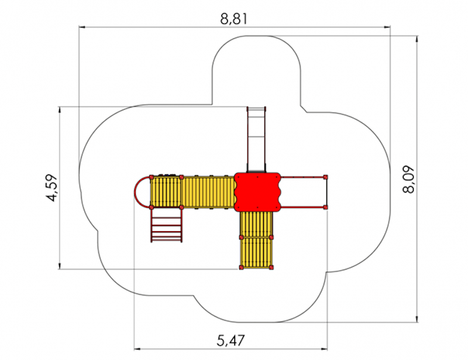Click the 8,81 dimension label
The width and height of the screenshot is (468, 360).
tap(234, 19)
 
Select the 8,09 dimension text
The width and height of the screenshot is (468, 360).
tap(408, 179)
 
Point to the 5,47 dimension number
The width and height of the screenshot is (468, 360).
tap(230, 340)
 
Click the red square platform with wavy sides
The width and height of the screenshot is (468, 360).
tap(257, 192)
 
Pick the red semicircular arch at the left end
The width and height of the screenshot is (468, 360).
tap(142, 192)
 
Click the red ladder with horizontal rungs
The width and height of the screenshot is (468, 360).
tap(167, 225)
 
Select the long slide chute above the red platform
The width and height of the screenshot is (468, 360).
tap(256, 139)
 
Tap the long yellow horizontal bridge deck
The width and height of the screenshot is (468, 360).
tap(208, 192)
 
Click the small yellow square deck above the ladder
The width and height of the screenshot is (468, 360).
tap(166, 192)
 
